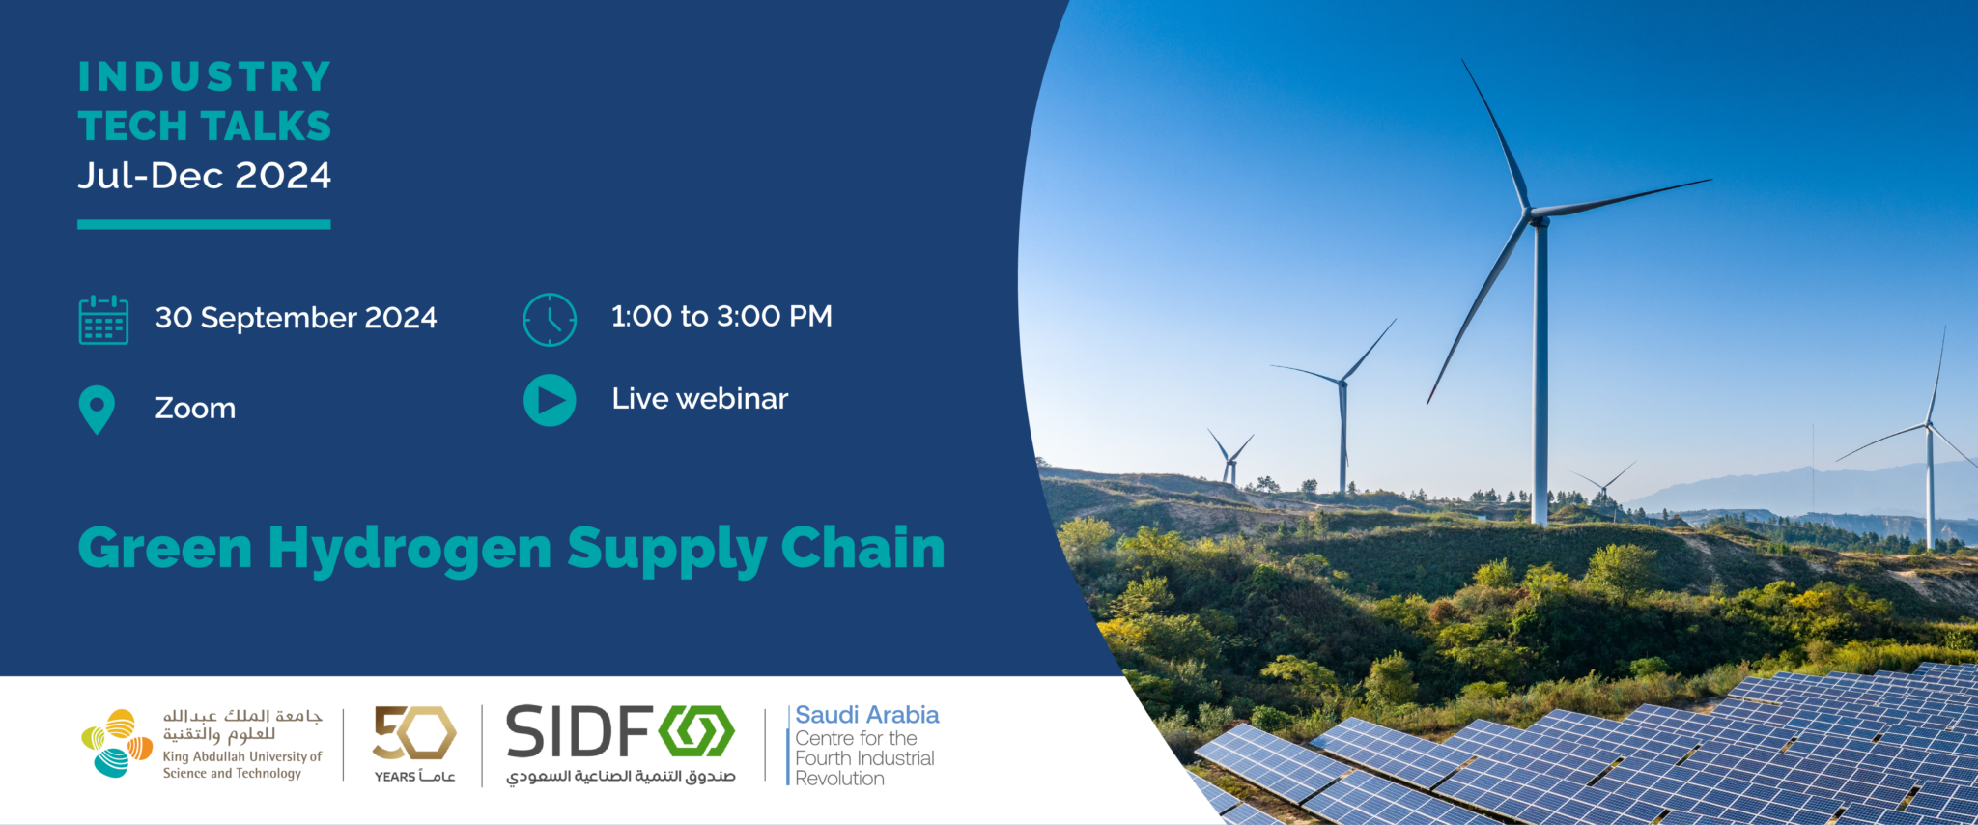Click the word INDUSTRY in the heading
point(204,77)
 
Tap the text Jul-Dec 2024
point(204,176)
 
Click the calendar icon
point(103,320)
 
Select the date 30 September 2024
point(296,318)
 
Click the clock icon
point(550,320)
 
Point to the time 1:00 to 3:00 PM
point(721,316)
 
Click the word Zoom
point(195,409)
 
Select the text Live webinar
point(699,399)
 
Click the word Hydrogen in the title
point(410,550)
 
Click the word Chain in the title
point(862,548)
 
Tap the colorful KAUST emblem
point(117,743)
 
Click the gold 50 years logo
point(414,733)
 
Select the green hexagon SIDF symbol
point(696,731)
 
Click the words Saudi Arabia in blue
point(866,715)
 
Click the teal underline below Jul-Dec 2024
point(204,224)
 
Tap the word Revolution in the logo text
point(839,779)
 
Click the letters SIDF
point(579,732)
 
